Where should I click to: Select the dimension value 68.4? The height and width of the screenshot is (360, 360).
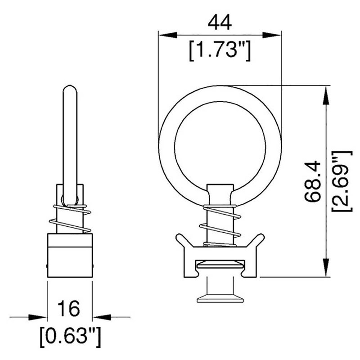311,181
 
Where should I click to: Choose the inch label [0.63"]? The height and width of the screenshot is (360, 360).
69,335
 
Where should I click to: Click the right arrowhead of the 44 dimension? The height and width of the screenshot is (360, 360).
274,35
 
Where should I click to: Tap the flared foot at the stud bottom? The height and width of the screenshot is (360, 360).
219,297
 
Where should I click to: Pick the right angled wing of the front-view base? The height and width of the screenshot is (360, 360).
257,241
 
